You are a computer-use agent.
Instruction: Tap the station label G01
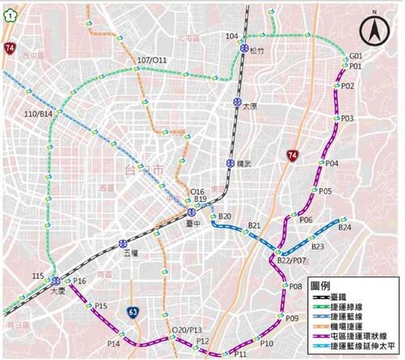click(355, 57)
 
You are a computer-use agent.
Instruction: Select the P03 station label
click(347, 118)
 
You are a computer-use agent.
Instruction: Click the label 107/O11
click(152, 59)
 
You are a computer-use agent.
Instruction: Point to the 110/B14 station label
click(38, 114)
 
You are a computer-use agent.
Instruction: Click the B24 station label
click(345, 228)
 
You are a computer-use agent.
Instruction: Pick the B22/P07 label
click(292, 261)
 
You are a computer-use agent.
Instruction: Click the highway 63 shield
click(133, 311)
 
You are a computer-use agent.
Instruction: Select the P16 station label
click(79, 281)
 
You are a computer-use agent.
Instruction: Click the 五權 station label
click(132, 254)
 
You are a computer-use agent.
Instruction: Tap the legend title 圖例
click(325, 286)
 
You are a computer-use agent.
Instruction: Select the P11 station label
click(241, 354)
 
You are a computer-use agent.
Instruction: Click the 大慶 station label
click(56, 290)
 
